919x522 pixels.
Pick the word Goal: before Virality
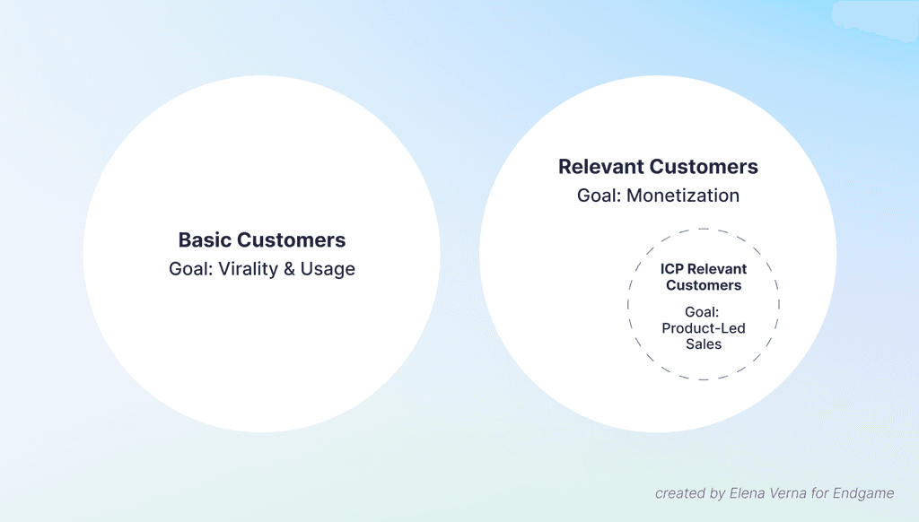pos(190,269)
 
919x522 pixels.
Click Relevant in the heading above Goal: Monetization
pos(600,167)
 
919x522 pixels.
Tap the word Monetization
pos(684,196)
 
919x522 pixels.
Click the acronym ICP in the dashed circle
pos(672,269)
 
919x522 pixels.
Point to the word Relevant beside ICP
pos(717,269)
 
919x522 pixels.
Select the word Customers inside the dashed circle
pos(704,285)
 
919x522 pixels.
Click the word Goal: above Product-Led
pos(704,312)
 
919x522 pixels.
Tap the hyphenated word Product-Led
pos(704,328)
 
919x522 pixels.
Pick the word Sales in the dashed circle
pos(704,344)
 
